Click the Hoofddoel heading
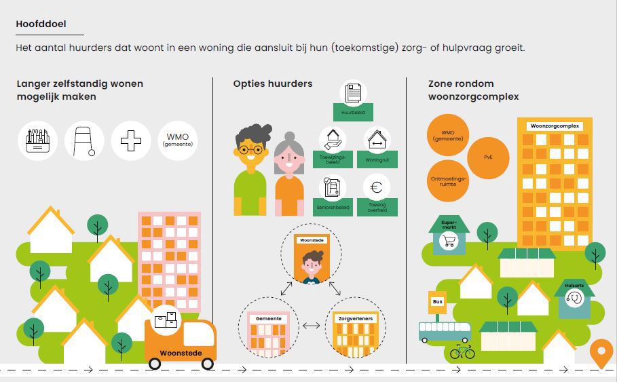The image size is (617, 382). (41, 24)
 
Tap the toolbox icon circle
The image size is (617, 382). (37, 141)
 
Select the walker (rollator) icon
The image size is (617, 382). (84, 141)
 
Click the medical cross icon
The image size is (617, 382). (130, 141)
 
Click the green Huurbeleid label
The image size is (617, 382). (353, 112)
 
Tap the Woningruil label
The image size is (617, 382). (377, 161)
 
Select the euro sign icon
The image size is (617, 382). (377, 187)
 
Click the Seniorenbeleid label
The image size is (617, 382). (333, 208)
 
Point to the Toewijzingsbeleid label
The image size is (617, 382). (333, 160)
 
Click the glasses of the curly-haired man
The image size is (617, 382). (250, 150)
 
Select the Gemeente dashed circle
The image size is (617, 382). (268, 328)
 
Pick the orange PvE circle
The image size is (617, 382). (488, 157)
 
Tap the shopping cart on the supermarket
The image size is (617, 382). (449, 242)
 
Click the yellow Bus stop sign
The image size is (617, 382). (436, 301)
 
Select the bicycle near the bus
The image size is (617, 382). (462, 351)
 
